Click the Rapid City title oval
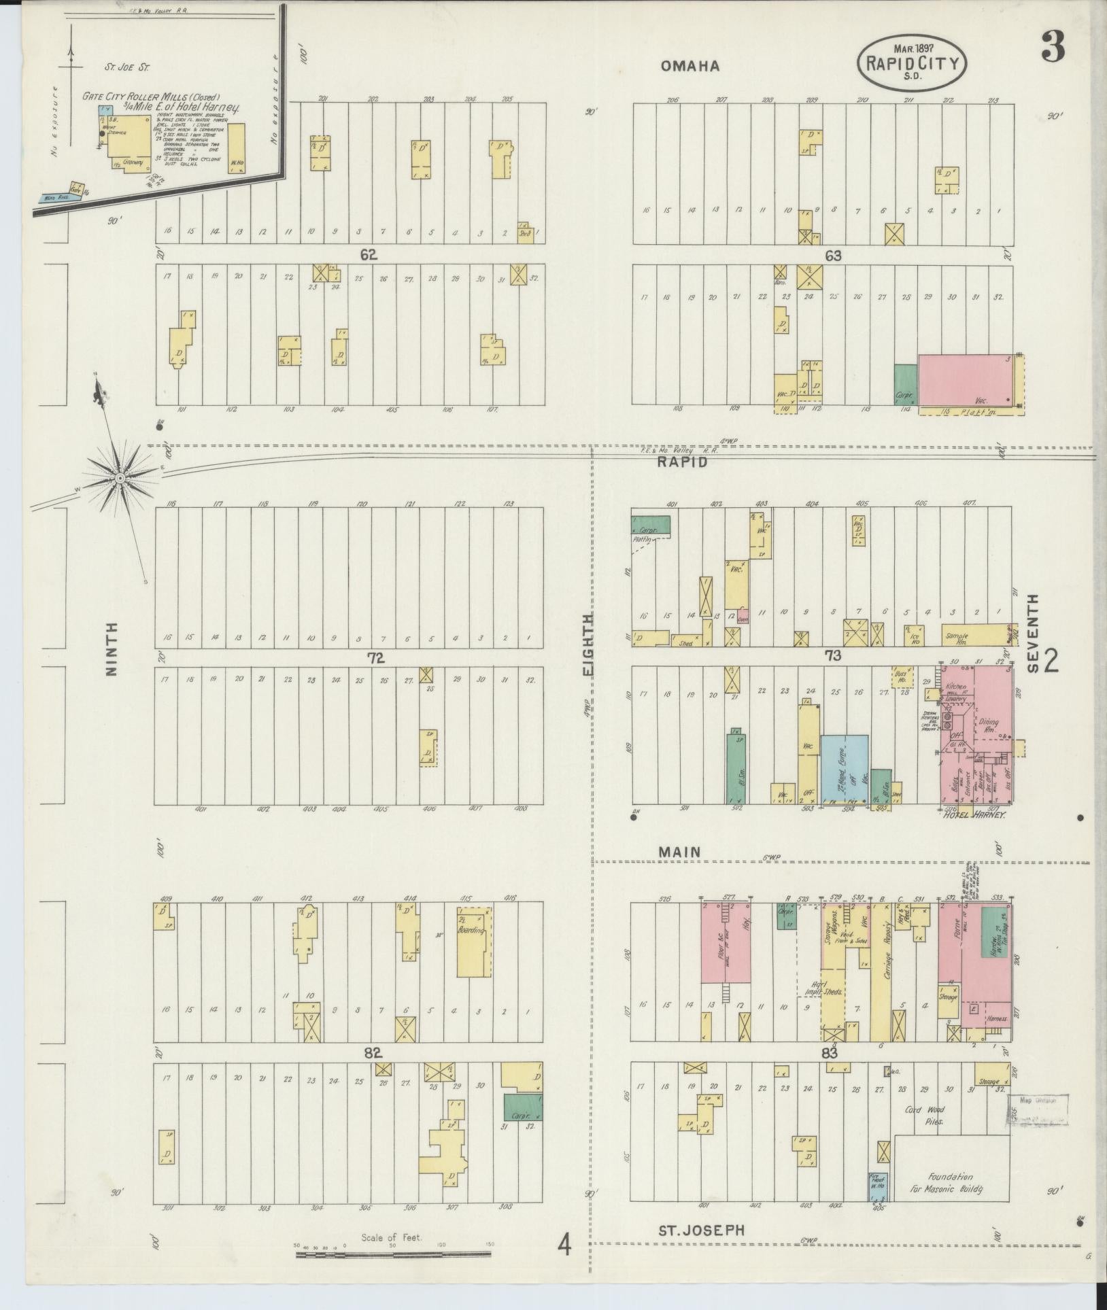click(x=912, y=63)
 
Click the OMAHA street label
click(x=689, y=66)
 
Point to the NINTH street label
click(x=112, y=649)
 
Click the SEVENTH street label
click(x=1033, y=633)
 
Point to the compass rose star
click(x=120, y=479)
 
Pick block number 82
click(x=371, y=1053)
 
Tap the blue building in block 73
click(x=844, y=768)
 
